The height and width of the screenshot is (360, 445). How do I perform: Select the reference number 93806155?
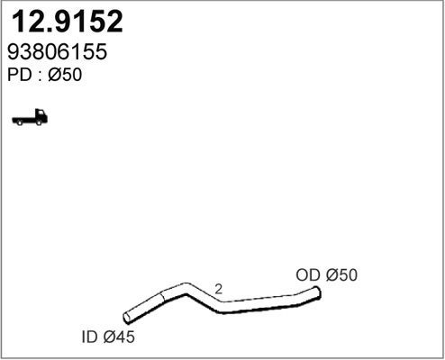[59, 52]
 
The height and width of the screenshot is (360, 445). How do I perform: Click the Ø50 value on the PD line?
[66, 76]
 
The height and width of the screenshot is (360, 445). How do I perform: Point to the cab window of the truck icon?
[41, 114]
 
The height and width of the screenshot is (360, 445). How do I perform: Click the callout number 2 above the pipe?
[219, 289]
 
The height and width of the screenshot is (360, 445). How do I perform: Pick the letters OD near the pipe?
[307, 275]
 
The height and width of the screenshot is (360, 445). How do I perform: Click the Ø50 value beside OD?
[341, 275]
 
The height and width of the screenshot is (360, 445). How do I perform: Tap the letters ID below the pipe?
[88, 338]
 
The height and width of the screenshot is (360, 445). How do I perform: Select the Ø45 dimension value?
[118, 338]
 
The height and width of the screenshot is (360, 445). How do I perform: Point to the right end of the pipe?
[316, 291]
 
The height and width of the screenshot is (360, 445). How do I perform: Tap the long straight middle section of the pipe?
[261, 306]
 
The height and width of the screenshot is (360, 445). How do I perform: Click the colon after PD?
[40, 76]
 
